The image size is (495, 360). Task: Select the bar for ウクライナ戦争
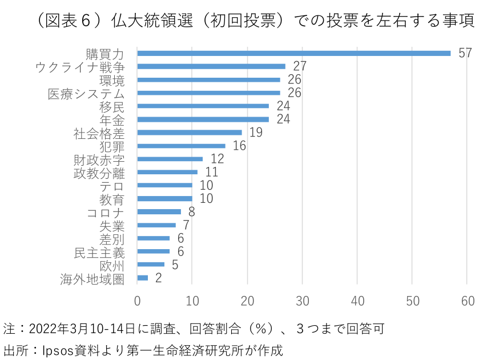(211, 66)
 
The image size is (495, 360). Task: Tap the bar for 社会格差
(190, 133)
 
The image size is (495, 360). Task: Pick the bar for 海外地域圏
(143, 278)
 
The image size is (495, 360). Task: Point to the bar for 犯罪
(181, 146)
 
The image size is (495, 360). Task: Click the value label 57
(465, 53)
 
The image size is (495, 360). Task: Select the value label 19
(256, 133)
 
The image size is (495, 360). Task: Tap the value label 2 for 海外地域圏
(158, 278)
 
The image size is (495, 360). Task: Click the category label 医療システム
(86, 93)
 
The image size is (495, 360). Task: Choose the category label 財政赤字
(99, 159)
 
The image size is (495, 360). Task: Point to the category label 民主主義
(99, 252)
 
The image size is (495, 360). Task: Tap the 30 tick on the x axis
(303, 302)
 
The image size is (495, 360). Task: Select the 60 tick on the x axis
(468, 302)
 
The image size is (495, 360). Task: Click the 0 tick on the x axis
(138, 302)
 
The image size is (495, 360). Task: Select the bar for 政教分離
(167, 172)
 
